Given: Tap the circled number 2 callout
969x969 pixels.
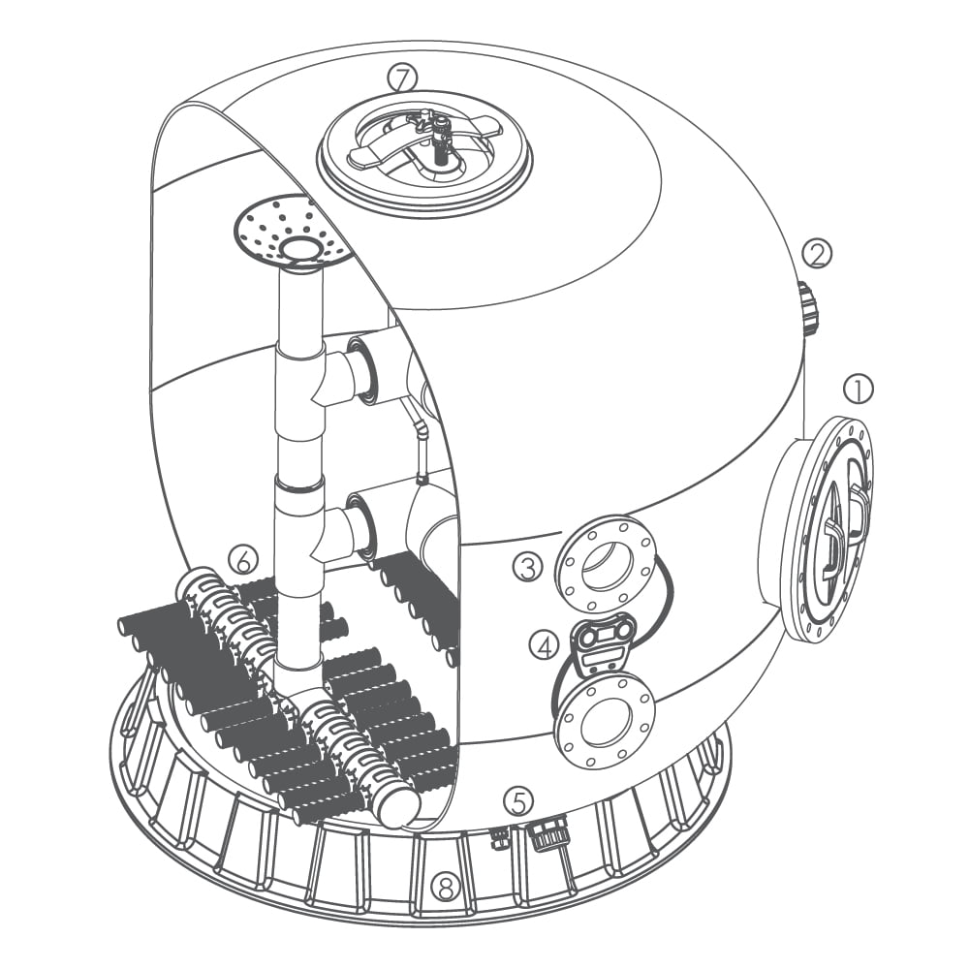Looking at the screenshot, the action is point(817,253).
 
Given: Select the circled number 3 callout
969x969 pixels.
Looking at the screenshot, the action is point(528,568).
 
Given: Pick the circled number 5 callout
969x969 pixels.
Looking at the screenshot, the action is point(517,801).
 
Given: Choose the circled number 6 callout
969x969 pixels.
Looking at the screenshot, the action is point(243,561).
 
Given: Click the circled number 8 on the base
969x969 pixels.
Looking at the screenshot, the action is point(446,889).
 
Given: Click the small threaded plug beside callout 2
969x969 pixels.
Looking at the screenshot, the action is point(808,307).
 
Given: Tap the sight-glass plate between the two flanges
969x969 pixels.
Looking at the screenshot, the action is point(600,642).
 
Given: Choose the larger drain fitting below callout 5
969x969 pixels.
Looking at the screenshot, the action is point(548,831).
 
